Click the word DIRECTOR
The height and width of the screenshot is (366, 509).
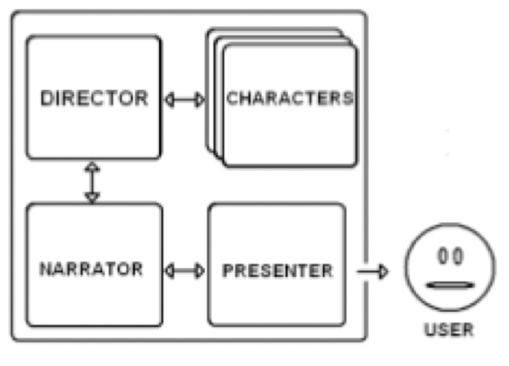pos(94,99)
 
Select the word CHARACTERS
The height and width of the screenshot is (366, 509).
pos(289,99)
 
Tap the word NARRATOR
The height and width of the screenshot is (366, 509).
pos(91,269)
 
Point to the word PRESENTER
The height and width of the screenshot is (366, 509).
pos(277,271)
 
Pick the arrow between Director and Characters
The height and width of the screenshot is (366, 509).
pos(184,100)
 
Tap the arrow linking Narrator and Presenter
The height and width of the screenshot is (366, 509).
pos(184,271)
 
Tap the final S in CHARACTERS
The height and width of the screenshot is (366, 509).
pos(348,99)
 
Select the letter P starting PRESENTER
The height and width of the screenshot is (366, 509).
pos(227,271)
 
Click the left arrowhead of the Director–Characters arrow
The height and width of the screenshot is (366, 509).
pos(168,100)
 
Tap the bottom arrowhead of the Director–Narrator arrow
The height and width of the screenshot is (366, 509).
pos(92,197)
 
